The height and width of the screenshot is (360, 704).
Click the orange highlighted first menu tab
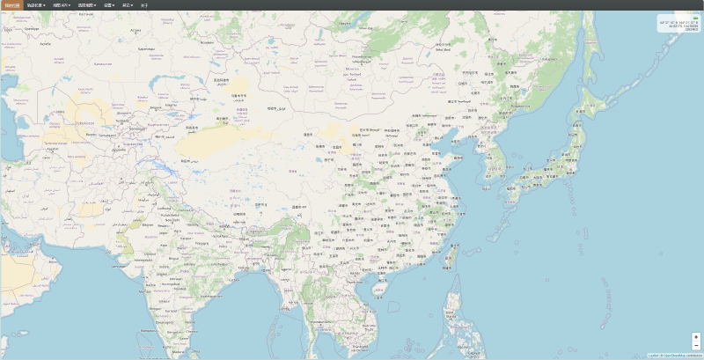point(11,4)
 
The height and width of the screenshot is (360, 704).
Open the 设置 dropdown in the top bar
point(108,4)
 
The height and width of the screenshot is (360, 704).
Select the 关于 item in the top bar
point(144,4)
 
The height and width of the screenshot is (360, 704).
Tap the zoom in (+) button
point(696,336)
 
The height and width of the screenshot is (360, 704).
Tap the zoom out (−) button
point(696,345)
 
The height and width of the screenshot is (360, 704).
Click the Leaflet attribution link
point(653,356)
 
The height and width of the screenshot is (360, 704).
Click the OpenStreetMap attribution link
point(679,356)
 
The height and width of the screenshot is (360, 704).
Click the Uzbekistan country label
point(85,122)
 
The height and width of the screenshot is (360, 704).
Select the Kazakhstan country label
point(104,63)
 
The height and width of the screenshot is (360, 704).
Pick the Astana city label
point(135,32)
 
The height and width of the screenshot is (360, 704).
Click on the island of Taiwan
point(454,256)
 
